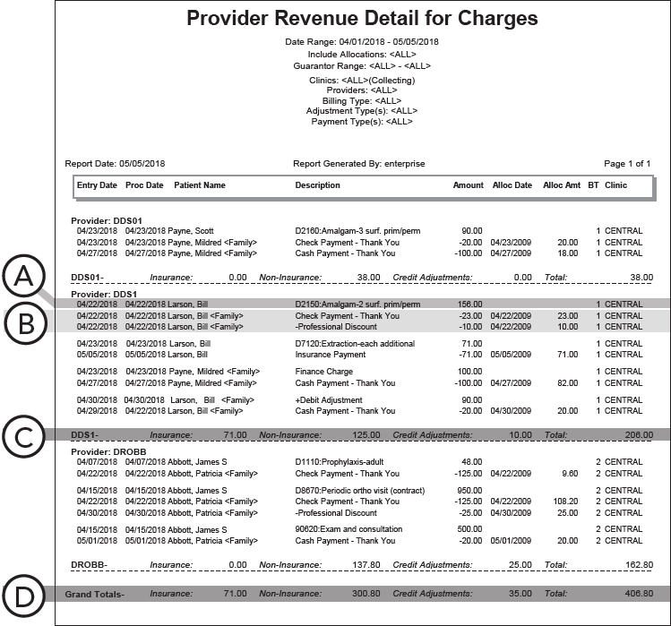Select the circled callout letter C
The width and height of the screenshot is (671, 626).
point(27,438)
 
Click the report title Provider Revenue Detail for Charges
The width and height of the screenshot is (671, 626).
point(362,18)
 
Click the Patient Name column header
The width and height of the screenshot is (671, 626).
point(200,185)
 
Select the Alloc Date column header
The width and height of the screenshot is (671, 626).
point(512,185)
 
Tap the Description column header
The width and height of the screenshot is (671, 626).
point(318,185)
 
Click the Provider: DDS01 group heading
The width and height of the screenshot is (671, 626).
point(107,219)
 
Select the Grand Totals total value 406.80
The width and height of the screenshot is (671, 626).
point(640,593)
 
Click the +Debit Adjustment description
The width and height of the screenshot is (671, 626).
point(329,399)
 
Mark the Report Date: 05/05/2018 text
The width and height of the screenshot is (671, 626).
point(115,164)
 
